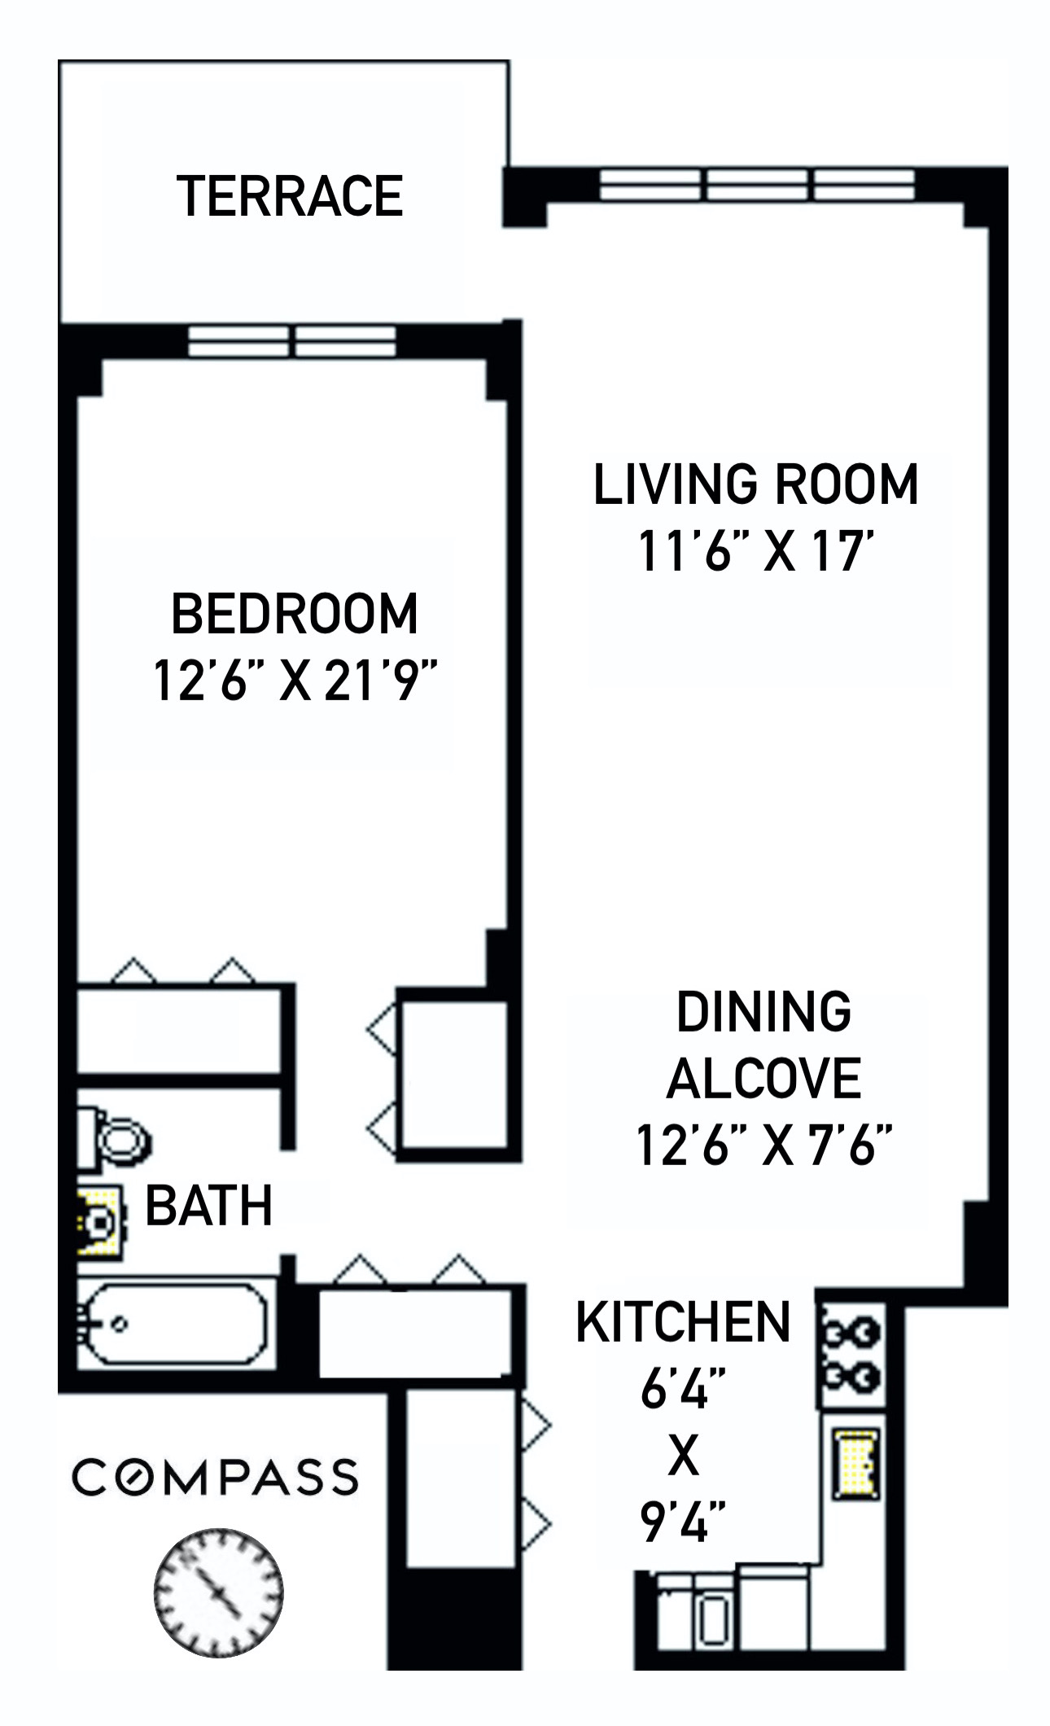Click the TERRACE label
[290, 197]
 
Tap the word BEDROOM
[294, 615]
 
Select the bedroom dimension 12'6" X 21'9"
[295, 681]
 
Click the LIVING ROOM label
[755, 484]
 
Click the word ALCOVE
[763, 1079]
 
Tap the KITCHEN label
[682, 1322]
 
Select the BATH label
[208, 1206]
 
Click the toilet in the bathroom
[116, 1138]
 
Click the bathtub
[175, 1325]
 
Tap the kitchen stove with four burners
[850, 1356]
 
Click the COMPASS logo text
[215, 1477]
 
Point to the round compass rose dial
[218, 1592]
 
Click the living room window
[757, 185]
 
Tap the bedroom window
[291, 341]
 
